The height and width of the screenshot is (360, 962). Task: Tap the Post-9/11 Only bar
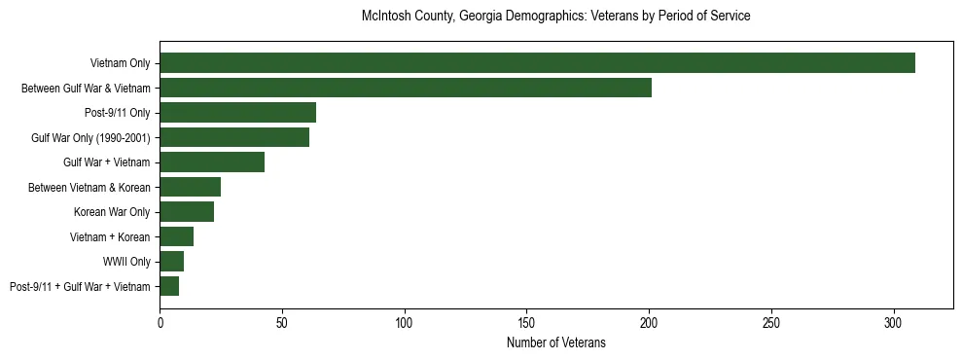tap(237, 113)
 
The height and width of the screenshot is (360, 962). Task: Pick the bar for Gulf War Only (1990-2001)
tap(234, 138)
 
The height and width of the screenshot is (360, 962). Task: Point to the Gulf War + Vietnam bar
tap(212, 162)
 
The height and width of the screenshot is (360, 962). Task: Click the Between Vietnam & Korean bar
tap(190, 187)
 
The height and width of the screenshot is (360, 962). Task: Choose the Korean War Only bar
tap(187, 212)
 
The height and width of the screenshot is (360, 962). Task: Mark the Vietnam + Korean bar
tap(176, 236)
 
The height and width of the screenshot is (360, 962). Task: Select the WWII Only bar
tap(171, 262)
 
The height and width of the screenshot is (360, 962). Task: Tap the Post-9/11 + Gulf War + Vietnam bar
tap(169, 286)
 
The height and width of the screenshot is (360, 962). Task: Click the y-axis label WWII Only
tap(126, 262)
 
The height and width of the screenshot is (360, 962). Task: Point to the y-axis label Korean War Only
tap(112, 212)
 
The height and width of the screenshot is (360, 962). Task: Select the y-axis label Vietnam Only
tap(120, 63)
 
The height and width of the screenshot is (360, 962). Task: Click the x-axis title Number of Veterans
tap(555, 342)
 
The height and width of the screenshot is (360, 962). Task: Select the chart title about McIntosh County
tap(555, 17)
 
